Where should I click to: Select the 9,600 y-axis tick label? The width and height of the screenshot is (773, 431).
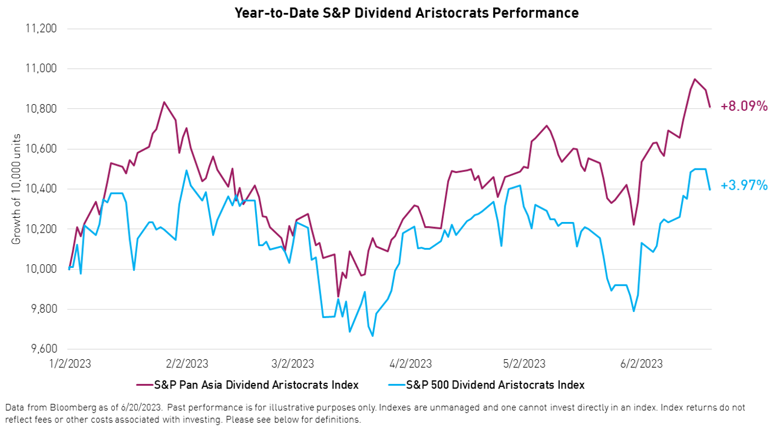(41, 349)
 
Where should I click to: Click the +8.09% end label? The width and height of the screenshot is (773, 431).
(744, 107)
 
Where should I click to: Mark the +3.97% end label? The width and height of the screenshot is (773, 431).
(744, 186)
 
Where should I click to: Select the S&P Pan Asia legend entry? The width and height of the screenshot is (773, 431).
(248, 385)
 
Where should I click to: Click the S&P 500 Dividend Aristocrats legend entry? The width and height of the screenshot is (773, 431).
(486, 385)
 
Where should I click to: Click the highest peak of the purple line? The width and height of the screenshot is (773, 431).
(695, 79)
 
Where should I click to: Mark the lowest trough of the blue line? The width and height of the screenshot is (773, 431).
(372, 336)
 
